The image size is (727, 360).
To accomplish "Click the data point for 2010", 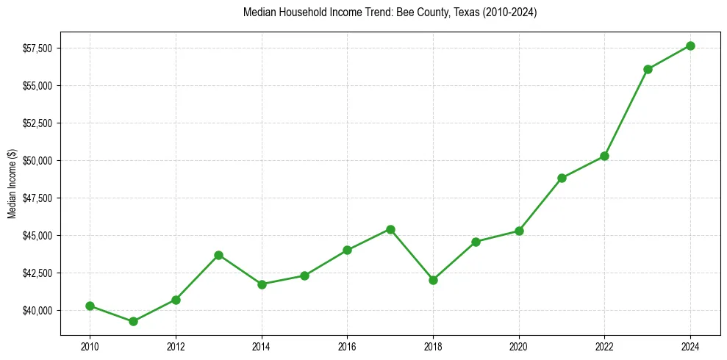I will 90,306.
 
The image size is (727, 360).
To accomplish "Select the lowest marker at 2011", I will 133,321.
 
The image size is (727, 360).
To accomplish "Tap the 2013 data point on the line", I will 218,255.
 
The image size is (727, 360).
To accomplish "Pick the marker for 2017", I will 390,229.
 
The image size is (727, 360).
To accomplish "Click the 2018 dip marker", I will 433,280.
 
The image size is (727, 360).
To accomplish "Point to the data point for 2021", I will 562,178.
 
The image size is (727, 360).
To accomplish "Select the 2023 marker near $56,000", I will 648,69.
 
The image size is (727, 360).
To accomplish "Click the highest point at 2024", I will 690,46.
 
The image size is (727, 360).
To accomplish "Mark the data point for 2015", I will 304,276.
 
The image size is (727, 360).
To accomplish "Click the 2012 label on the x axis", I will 175,345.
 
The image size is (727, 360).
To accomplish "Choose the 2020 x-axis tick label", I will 519,345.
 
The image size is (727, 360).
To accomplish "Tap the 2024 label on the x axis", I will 690,345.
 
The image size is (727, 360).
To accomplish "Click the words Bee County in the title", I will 419,12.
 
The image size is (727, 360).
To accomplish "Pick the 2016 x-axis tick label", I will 347,345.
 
